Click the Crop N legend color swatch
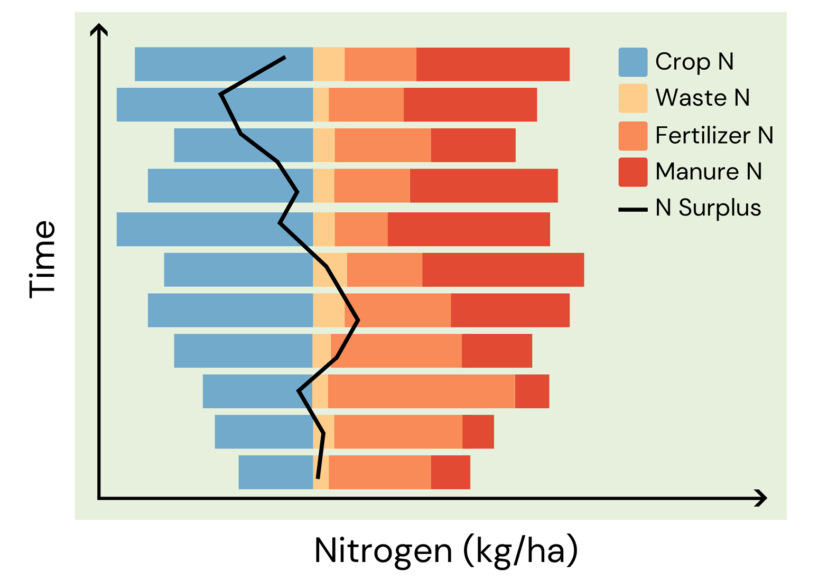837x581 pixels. coord(633,62)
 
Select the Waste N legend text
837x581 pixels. coord(702,98)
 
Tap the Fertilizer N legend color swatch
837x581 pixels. coord(633,136)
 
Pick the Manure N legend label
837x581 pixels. coord(708,172)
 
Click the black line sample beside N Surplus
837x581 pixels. coord(633,210)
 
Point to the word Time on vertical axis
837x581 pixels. coord(42,259)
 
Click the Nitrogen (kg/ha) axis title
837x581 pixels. coord(445,551)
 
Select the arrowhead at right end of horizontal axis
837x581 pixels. coord(761,498)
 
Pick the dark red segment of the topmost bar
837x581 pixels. coord(492,64)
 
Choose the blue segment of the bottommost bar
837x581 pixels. coord(275,472)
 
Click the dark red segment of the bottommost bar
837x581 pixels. coord(450,472)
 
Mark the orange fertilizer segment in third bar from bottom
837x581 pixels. coord(421,391)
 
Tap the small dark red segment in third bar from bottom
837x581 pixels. coord(532,391)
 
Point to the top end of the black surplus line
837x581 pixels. coord(285,57)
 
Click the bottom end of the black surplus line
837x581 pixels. coord(318,478)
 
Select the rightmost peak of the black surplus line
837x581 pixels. coord(358,320)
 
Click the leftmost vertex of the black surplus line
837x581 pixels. coord(221,95)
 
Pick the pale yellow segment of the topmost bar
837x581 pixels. coord(329,64)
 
